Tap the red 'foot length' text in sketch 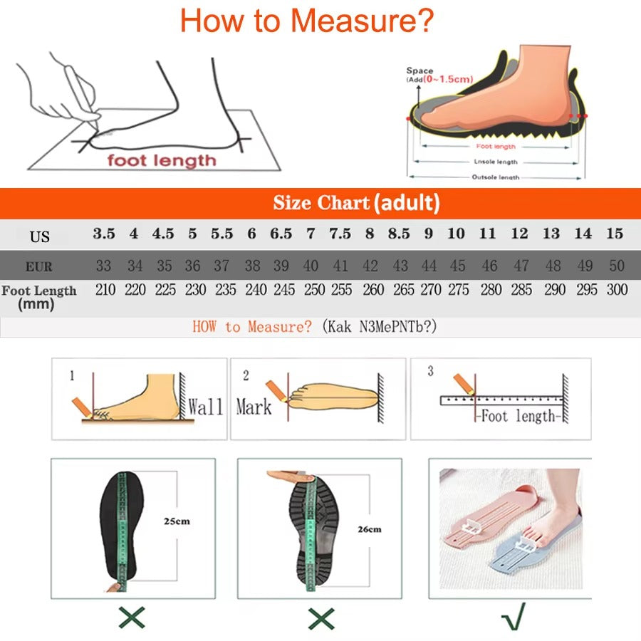[161, 160]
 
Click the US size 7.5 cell [340, 234]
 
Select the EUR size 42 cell [370, 266]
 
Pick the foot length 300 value [617, 290]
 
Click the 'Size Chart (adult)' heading [356, 203]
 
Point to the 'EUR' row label [38, 268]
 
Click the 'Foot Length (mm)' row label [38, 297]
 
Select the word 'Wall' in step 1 [205, 407]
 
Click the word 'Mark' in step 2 [254, 407]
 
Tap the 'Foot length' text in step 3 [518, 416]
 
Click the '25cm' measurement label [177, 521]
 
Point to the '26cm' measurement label [369, 529]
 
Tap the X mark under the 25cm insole [132, 617]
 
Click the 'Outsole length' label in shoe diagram [496, 177]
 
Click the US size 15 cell [615, 234]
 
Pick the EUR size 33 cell [104, 266]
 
